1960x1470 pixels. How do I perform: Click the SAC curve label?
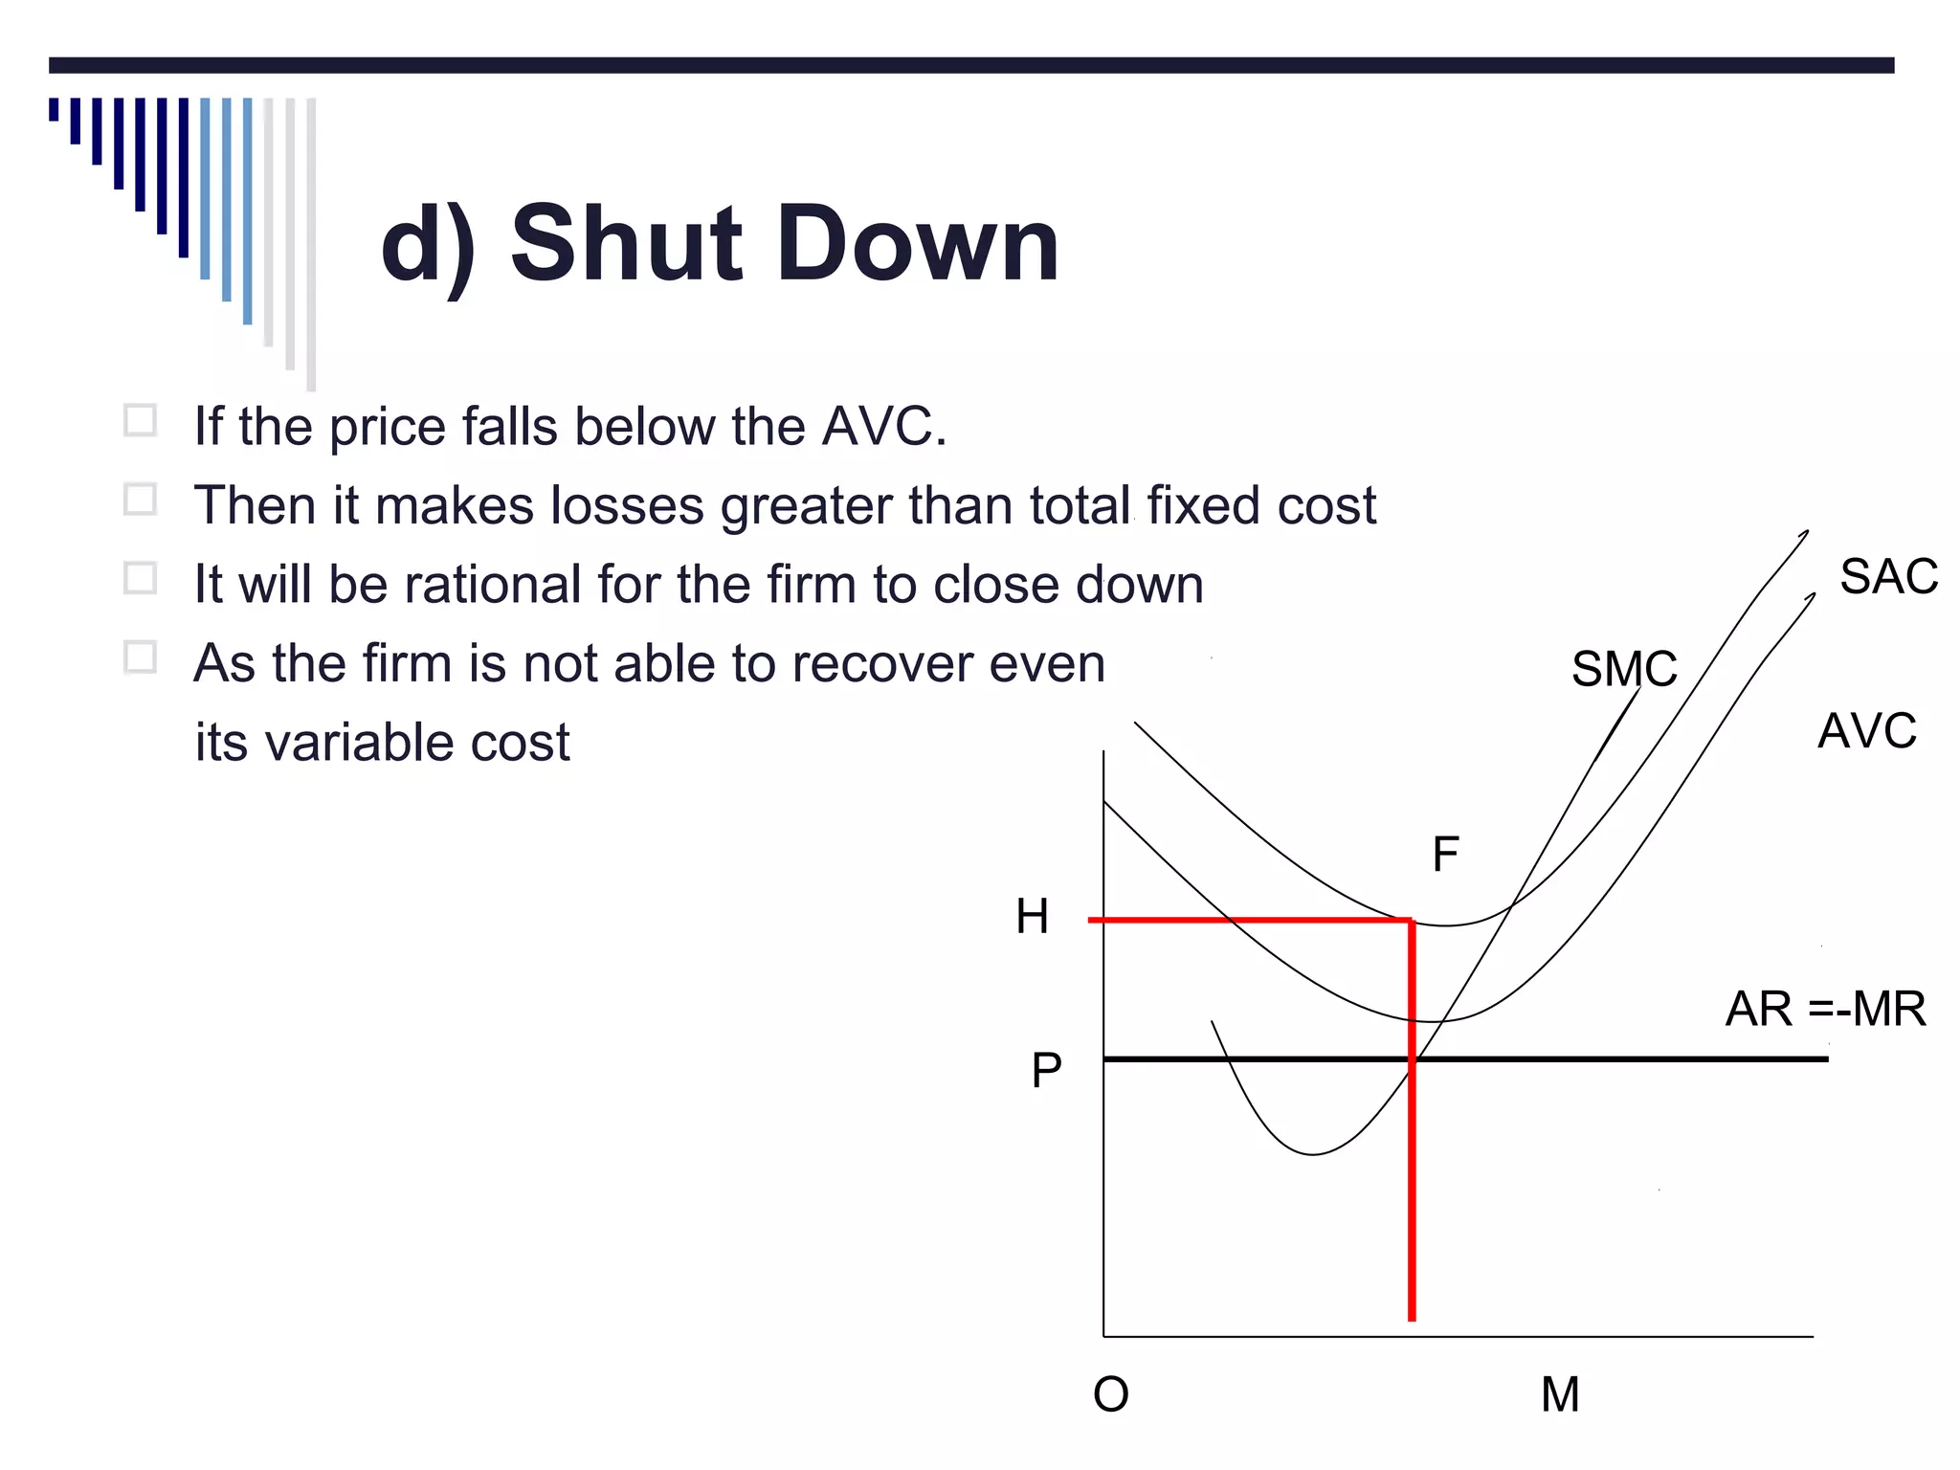(1888, 577)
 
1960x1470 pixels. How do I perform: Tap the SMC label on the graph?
(1624, 669)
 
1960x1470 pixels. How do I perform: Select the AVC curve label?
(1866, 731)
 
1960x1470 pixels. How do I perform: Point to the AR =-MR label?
(1825, 1009)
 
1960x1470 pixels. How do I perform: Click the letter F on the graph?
(1445, 854)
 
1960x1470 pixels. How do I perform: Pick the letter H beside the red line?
(1032, 917)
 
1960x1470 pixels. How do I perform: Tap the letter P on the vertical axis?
(1046, 1070)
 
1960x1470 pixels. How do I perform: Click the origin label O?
(1110, 1394)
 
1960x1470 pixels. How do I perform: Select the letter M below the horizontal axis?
(1559, 1394)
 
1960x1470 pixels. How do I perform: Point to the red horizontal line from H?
(1244, 920)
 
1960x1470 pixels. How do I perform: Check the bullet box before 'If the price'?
(141, 421)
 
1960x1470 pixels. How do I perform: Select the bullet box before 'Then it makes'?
(141, 500)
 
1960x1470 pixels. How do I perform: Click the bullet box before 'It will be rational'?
(141, 578)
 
